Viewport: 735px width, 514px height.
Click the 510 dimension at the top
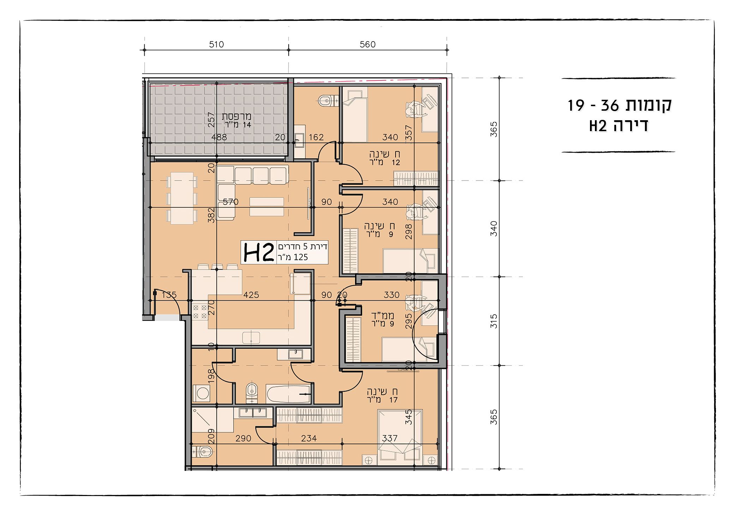[216, 44]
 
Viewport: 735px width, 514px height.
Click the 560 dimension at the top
[367, 44]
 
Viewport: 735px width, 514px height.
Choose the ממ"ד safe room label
[382, 319]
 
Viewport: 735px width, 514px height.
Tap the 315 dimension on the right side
[494, 321]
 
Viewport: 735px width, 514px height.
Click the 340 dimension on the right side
[494, 228]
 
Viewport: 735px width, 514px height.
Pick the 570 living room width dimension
[231, 202]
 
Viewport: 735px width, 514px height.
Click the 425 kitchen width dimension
[251, 295]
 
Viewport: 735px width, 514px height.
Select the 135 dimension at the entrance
[169, 295]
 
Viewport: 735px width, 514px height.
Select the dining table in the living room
[182, 198]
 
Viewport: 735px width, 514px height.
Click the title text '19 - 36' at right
[593, 105]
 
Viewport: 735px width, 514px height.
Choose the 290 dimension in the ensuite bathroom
[243, 438]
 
